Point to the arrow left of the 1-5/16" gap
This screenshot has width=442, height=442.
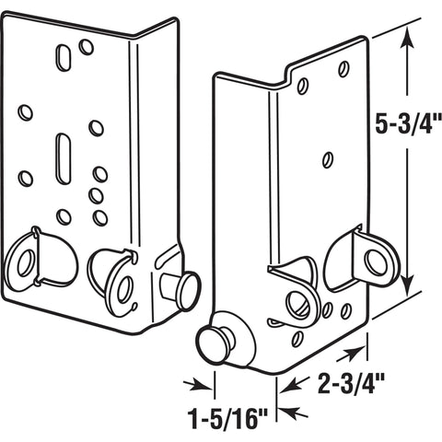(194, 385)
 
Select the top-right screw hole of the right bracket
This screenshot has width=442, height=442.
(343, 68)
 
